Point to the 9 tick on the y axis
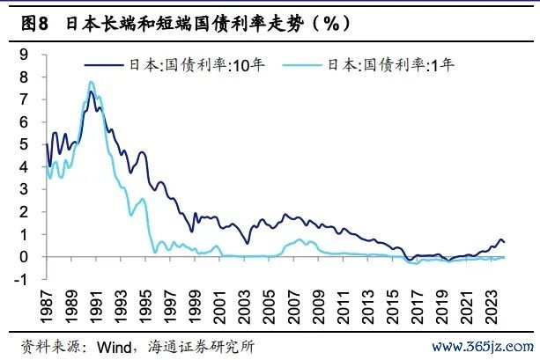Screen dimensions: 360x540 [24, 55]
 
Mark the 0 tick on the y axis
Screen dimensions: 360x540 [24, 257]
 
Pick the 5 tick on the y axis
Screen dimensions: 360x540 [24, 144]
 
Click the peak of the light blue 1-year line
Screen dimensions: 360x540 [91, 83]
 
